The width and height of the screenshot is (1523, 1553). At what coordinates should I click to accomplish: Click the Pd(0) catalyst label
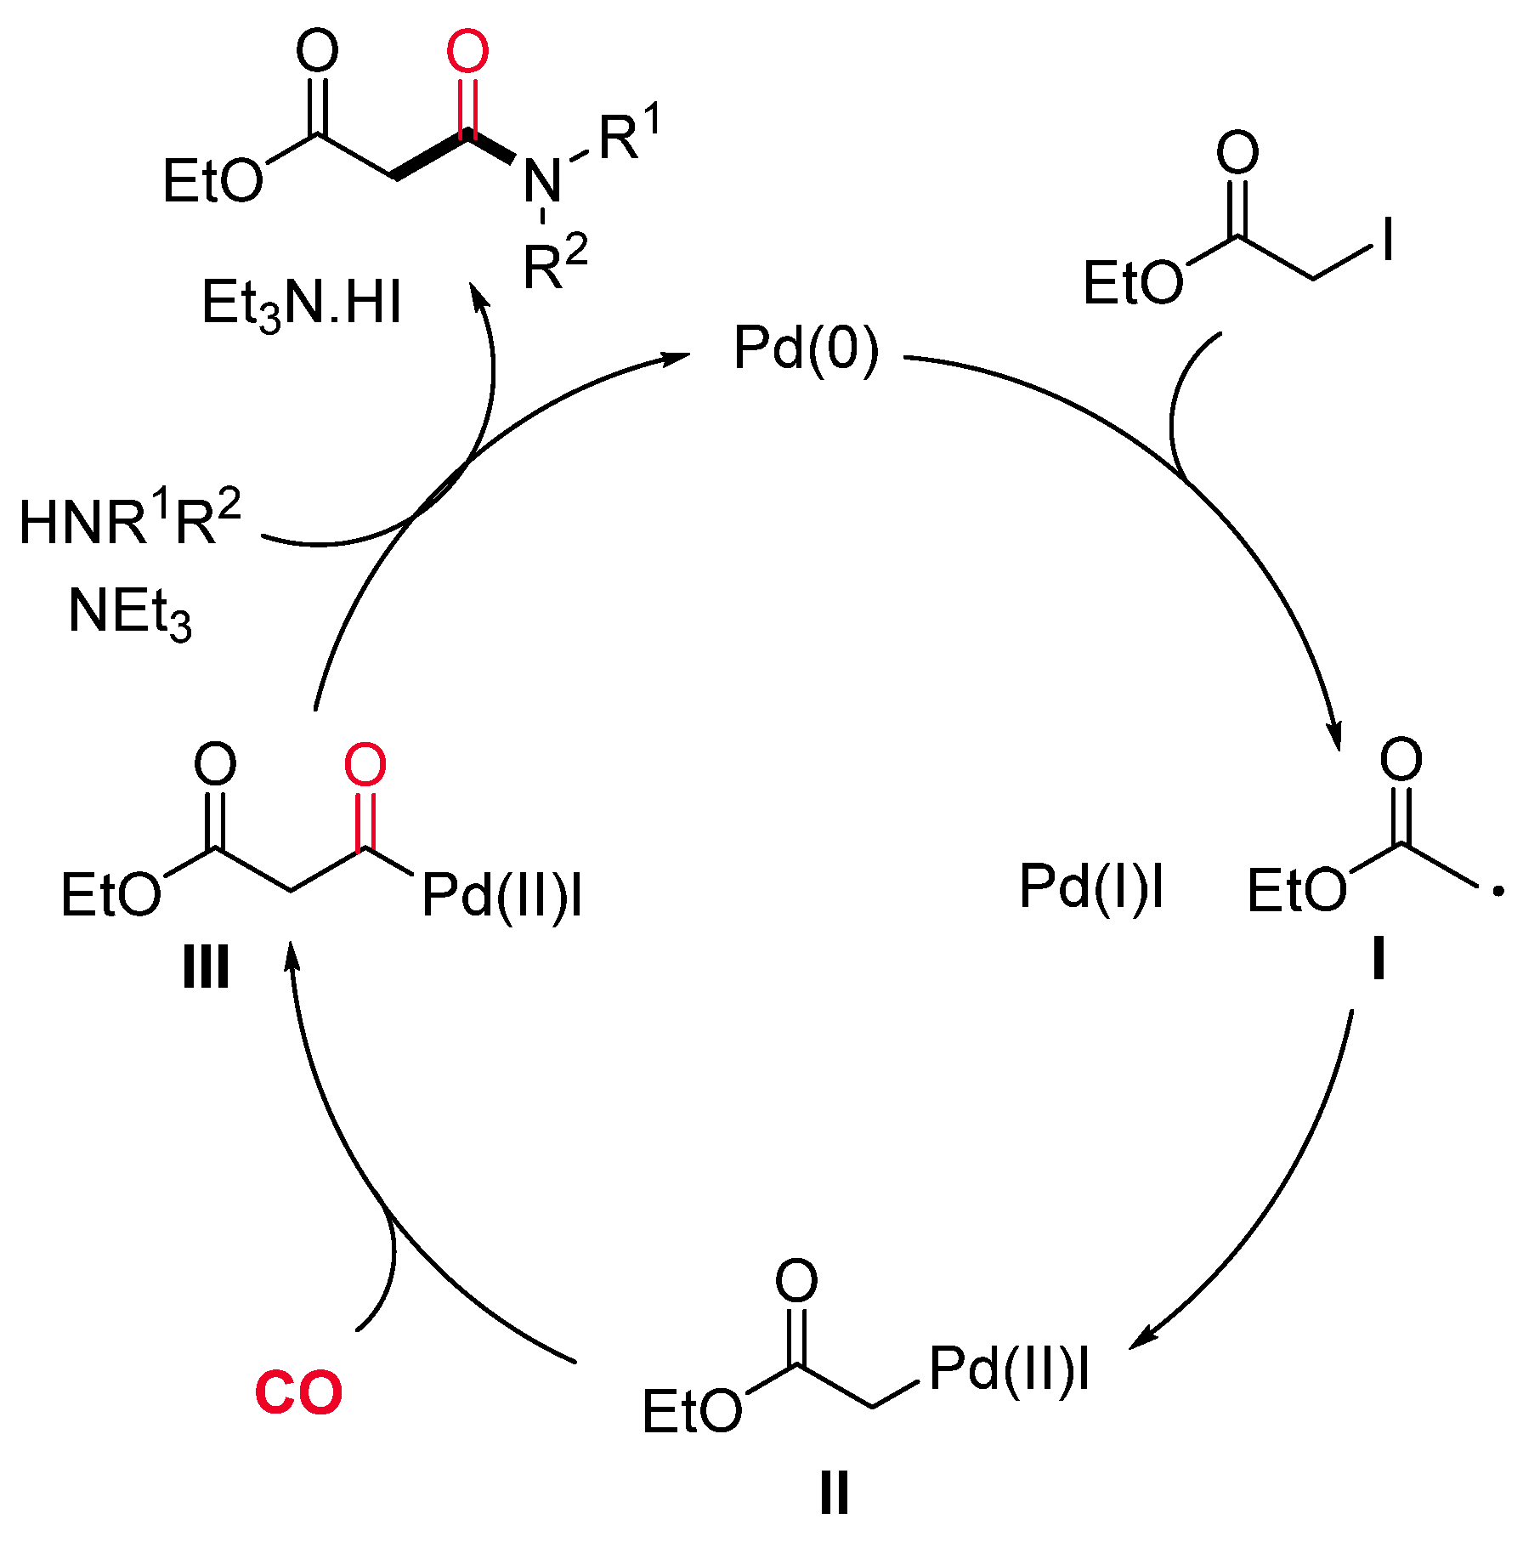(806, 349)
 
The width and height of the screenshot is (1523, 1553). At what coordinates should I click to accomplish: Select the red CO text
(298, 1392)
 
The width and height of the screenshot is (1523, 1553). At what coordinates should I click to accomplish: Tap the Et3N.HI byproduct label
(301, 304)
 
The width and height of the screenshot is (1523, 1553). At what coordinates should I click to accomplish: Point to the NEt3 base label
(130, 612)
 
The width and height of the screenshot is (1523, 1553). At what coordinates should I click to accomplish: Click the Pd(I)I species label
(1090, 887)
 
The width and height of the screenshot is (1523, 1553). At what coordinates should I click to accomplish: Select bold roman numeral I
(1379, 961)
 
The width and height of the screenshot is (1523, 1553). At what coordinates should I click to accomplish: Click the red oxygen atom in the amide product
(467, 52)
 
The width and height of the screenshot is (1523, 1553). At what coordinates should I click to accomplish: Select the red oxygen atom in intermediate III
(365, 764)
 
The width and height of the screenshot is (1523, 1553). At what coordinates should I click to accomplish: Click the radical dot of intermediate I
(1498, 891)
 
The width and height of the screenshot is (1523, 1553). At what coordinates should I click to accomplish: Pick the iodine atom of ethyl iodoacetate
(1388, 241)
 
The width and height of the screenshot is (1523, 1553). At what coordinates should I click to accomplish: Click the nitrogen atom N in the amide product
(542, 181)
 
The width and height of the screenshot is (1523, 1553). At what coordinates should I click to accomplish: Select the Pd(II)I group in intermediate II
(1009, 1369)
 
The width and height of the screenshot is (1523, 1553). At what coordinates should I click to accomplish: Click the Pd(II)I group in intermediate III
(501, 895)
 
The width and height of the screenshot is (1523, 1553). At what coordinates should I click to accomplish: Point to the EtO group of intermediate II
(692, 1412)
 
